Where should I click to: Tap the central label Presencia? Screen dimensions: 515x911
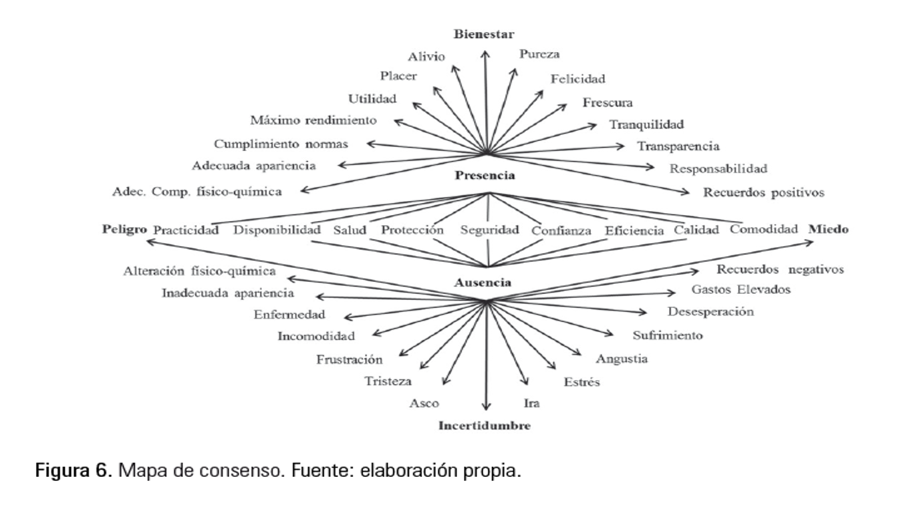point(485,176)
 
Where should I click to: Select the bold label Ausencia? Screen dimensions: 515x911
point(483,283)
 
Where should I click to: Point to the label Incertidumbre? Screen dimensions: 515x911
point(484,425)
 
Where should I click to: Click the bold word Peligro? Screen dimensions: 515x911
point(124,229)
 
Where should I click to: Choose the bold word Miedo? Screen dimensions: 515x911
point(828,229)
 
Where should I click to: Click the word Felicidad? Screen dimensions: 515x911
point(577,79)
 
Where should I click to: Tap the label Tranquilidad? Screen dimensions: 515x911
point(646,124)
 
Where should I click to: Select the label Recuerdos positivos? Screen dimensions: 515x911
point(763,192)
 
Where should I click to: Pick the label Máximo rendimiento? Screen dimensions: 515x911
point(313,120)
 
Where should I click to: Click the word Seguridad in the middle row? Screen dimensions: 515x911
point(489,230)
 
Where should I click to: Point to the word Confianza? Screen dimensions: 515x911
point(561,231)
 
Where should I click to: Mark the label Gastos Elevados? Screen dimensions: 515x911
point(741,290)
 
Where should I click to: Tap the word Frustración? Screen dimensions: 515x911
point(349,359)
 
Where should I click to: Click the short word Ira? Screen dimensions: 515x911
point(532,403)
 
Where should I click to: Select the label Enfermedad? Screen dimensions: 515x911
point(289,315)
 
